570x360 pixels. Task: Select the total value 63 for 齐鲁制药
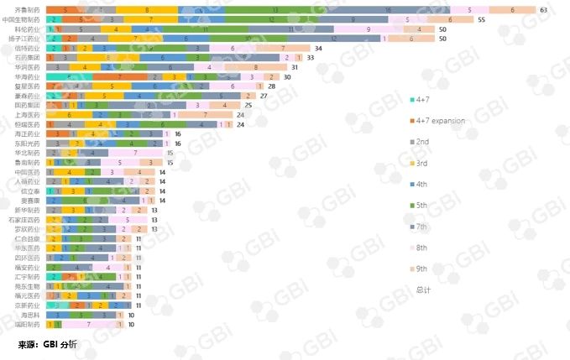click(x=543, y=9)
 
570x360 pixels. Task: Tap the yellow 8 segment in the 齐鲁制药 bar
click(x=147, y=9)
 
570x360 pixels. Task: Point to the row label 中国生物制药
click(x=21, y=18)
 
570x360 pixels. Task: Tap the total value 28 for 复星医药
click(x=271, y=86)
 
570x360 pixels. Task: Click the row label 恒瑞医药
click(x=26, y=123)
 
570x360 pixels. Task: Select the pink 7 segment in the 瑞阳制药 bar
click(x=88, y=324)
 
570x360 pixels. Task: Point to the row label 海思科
click(x=30, y=314)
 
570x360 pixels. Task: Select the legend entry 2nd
click(x=424, y=142)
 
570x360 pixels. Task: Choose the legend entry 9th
click(x=424, y=269)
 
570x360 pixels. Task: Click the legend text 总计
click(x=424, y=290)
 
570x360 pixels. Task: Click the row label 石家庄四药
click(x=23, y=219)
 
